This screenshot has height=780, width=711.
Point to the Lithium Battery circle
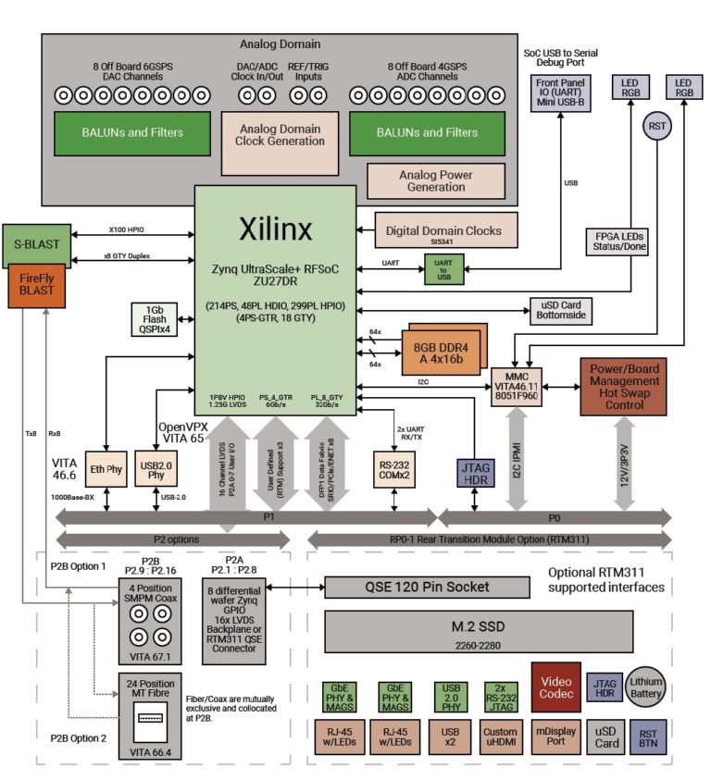(x=647, y=685)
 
